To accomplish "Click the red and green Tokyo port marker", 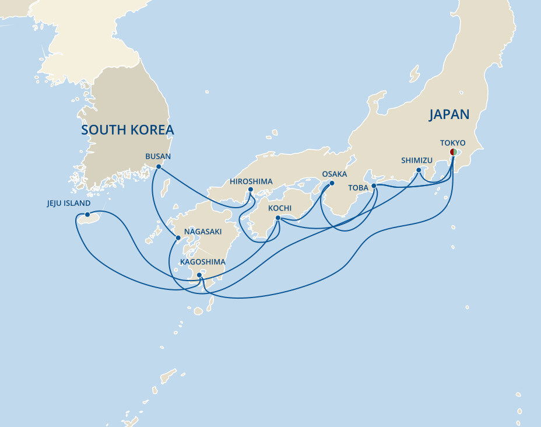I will click(453, 152).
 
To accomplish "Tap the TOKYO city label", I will click(452, 142).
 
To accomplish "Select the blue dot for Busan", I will click(159, 167).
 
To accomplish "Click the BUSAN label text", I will click(158, 156).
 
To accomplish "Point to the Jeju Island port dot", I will click(87, 214).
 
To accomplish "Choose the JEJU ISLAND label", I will click(69, 204).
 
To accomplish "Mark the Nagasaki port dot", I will click(177, 238).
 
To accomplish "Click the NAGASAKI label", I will click(202, 232).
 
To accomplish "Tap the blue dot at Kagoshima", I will click(199, 275).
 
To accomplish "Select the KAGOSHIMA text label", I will click(202, 262).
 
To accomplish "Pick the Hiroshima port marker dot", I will click(250, 189).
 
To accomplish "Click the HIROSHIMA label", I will click(251, 181).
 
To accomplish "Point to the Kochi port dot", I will click(278, 218).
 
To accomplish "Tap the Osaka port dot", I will click(332, 183).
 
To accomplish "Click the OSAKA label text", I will click(334, 174).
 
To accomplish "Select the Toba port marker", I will click(374, 187).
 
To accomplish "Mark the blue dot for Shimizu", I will click(419, 170).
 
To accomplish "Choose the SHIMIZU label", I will click(417, 160).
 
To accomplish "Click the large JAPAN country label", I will click(449, 114).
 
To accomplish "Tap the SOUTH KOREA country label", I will click(127, 129).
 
